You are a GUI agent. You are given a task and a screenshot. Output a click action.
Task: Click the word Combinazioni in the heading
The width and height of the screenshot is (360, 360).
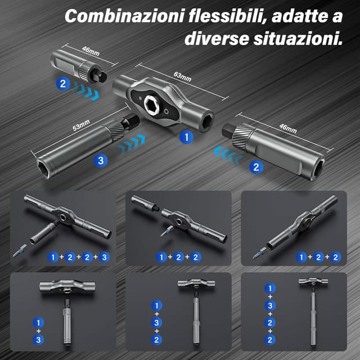[114, 15]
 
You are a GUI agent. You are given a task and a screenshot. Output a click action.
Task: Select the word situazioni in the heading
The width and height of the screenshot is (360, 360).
[296, 39]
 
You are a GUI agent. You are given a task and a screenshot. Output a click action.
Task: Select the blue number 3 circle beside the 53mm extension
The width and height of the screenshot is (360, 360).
[101, 160]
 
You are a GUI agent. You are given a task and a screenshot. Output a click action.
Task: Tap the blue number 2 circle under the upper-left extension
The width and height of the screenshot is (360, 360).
[62, 84]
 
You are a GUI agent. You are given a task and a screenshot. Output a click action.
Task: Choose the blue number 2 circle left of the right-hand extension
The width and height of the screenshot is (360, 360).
[256, 166]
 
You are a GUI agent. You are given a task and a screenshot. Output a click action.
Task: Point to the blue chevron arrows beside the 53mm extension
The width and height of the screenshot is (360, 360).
[133, 145]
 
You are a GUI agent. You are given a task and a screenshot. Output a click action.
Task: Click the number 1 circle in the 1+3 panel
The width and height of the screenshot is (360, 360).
[38, 323]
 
